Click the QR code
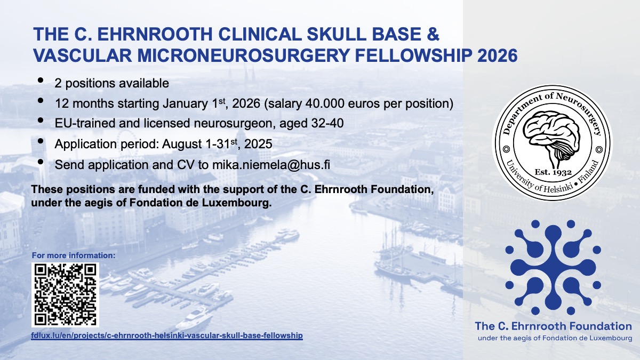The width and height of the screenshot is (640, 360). point(65,295)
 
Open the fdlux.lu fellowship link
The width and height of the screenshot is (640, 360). point(167,335)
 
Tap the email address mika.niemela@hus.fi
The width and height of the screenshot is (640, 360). point(271,165)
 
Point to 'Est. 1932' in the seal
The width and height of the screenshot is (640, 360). point(553,172)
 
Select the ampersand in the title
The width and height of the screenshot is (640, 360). point(433,34)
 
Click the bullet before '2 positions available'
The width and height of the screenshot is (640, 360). point(41,81)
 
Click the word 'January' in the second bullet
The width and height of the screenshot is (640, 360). point(185,103)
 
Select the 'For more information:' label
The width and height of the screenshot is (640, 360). point(74,255)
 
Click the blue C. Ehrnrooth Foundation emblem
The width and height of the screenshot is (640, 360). point(553,267)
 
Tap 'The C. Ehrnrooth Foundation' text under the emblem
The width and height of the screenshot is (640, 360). point(553,326)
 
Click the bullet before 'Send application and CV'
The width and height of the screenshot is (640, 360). point(41,162)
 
